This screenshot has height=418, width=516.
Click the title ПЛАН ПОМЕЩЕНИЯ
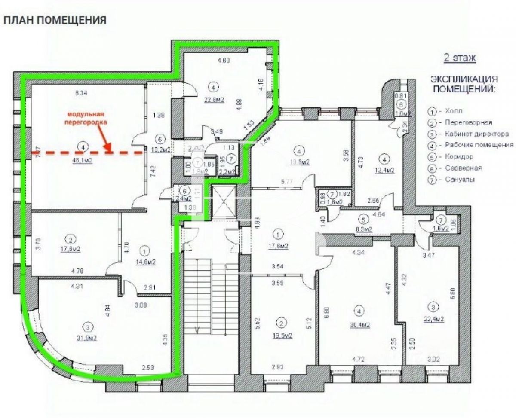(55, 20)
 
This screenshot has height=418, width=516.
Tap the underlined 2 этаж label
(460, 58)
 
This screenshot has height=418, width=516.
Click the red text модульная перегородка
(86, 118)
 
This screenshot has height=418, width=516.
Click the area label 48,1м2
(83, 161)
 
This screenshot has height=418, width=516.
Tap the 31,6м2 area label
(85, 337)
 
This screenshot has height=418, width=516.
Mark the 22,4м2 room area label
(433, 318)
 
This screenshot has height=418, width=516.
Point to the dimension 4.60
(224, 61)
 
